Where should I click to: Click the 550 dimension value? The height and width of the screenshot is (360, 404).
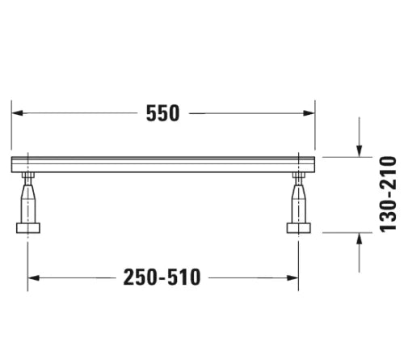coord(162,113)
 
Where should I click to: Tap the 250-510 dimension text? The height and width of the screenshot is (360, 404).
coord(162,277)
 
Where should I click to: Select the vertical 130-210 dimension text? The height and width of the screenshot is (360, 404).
coord(388,194)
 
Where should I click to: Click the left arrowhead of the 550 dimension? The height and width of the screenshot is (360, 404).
coord(17,113)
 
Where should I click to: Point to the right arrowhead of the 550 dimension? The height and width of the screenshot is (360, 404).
coord(309,113)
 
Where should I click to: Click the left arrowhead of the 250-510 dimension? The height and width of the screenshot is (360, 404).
coord(33,277)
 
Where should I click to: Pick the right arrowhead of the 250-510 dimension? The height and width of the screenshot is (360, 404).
coord(292,277)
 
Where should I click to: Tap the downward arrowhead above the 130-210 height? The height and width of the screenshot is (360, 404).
coord(359,150)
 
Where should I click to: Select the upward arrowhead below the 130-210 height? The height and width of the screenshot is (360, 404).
coord(359,238)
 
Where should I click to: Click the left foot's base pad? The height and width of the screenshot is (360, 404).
coord(28,228)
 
